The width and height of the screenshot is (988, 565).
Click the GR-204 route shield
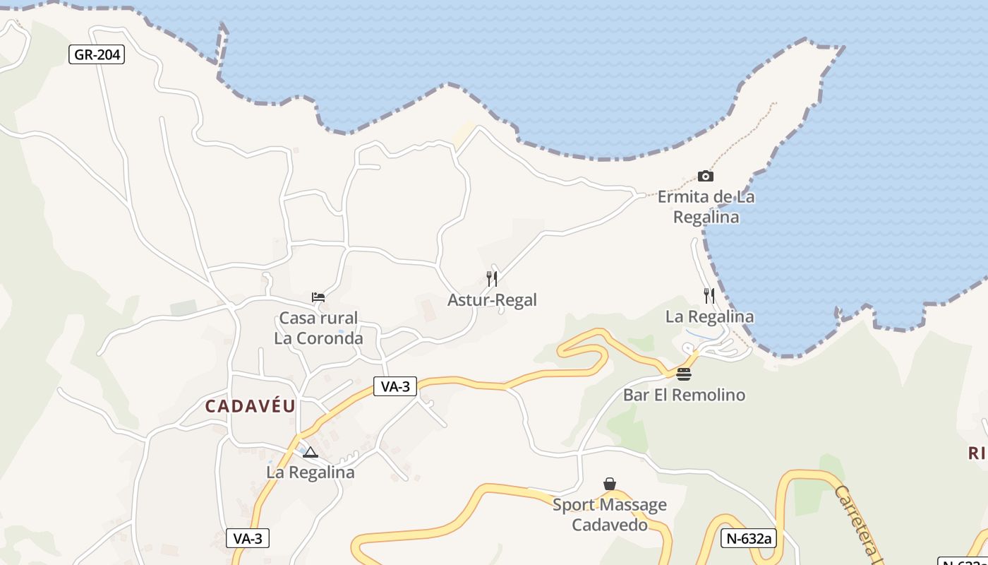tap(97, 54)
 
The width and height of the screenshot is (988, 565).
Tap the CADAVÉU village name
tap(251, 406)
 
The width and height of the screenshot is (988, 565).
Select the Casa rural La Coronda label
tap(318, 328)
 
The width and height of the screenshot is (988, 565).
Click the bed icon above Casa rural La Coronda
tap(318, 297)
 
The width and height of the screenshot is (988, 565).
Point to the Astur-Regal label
tap(492, 300)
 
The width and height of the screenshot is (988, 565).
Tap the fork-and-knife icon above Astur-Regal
tap(492, 279)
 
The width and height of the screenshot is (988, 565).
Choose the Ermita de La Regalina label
tap(706, 207)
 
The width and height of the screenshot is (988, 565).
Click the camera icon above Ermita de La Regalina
tap(705, 176)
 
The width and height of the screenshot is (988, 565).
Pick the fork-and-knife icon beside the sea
tap(709, 296)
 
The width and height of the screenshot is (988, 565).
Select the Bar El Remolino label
tap(684, 395)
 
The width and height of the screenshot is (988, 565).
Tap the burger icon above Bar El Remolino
tap(684, 374)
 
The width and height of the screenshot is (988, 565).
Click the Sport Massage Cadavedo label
tap(610, 515)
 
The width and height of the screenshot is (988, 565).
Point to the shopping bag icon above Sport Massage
tap(610, 484)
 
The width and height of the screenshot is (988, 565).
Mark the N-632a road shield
tap(749, 538)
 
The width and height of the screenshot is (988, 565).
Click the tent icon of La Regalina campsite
tap(311, 452)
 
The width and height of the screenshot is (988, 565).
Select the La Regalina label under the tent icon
tap(311, 472)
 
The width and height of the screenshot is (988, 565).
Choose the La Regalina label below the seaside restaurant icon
tap(709, 317)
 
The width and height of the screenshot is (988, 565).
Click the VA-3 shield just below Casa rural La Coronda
tap(395, 386)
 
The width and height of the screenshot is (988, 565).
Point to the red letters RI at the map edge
tap(978, 453)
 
